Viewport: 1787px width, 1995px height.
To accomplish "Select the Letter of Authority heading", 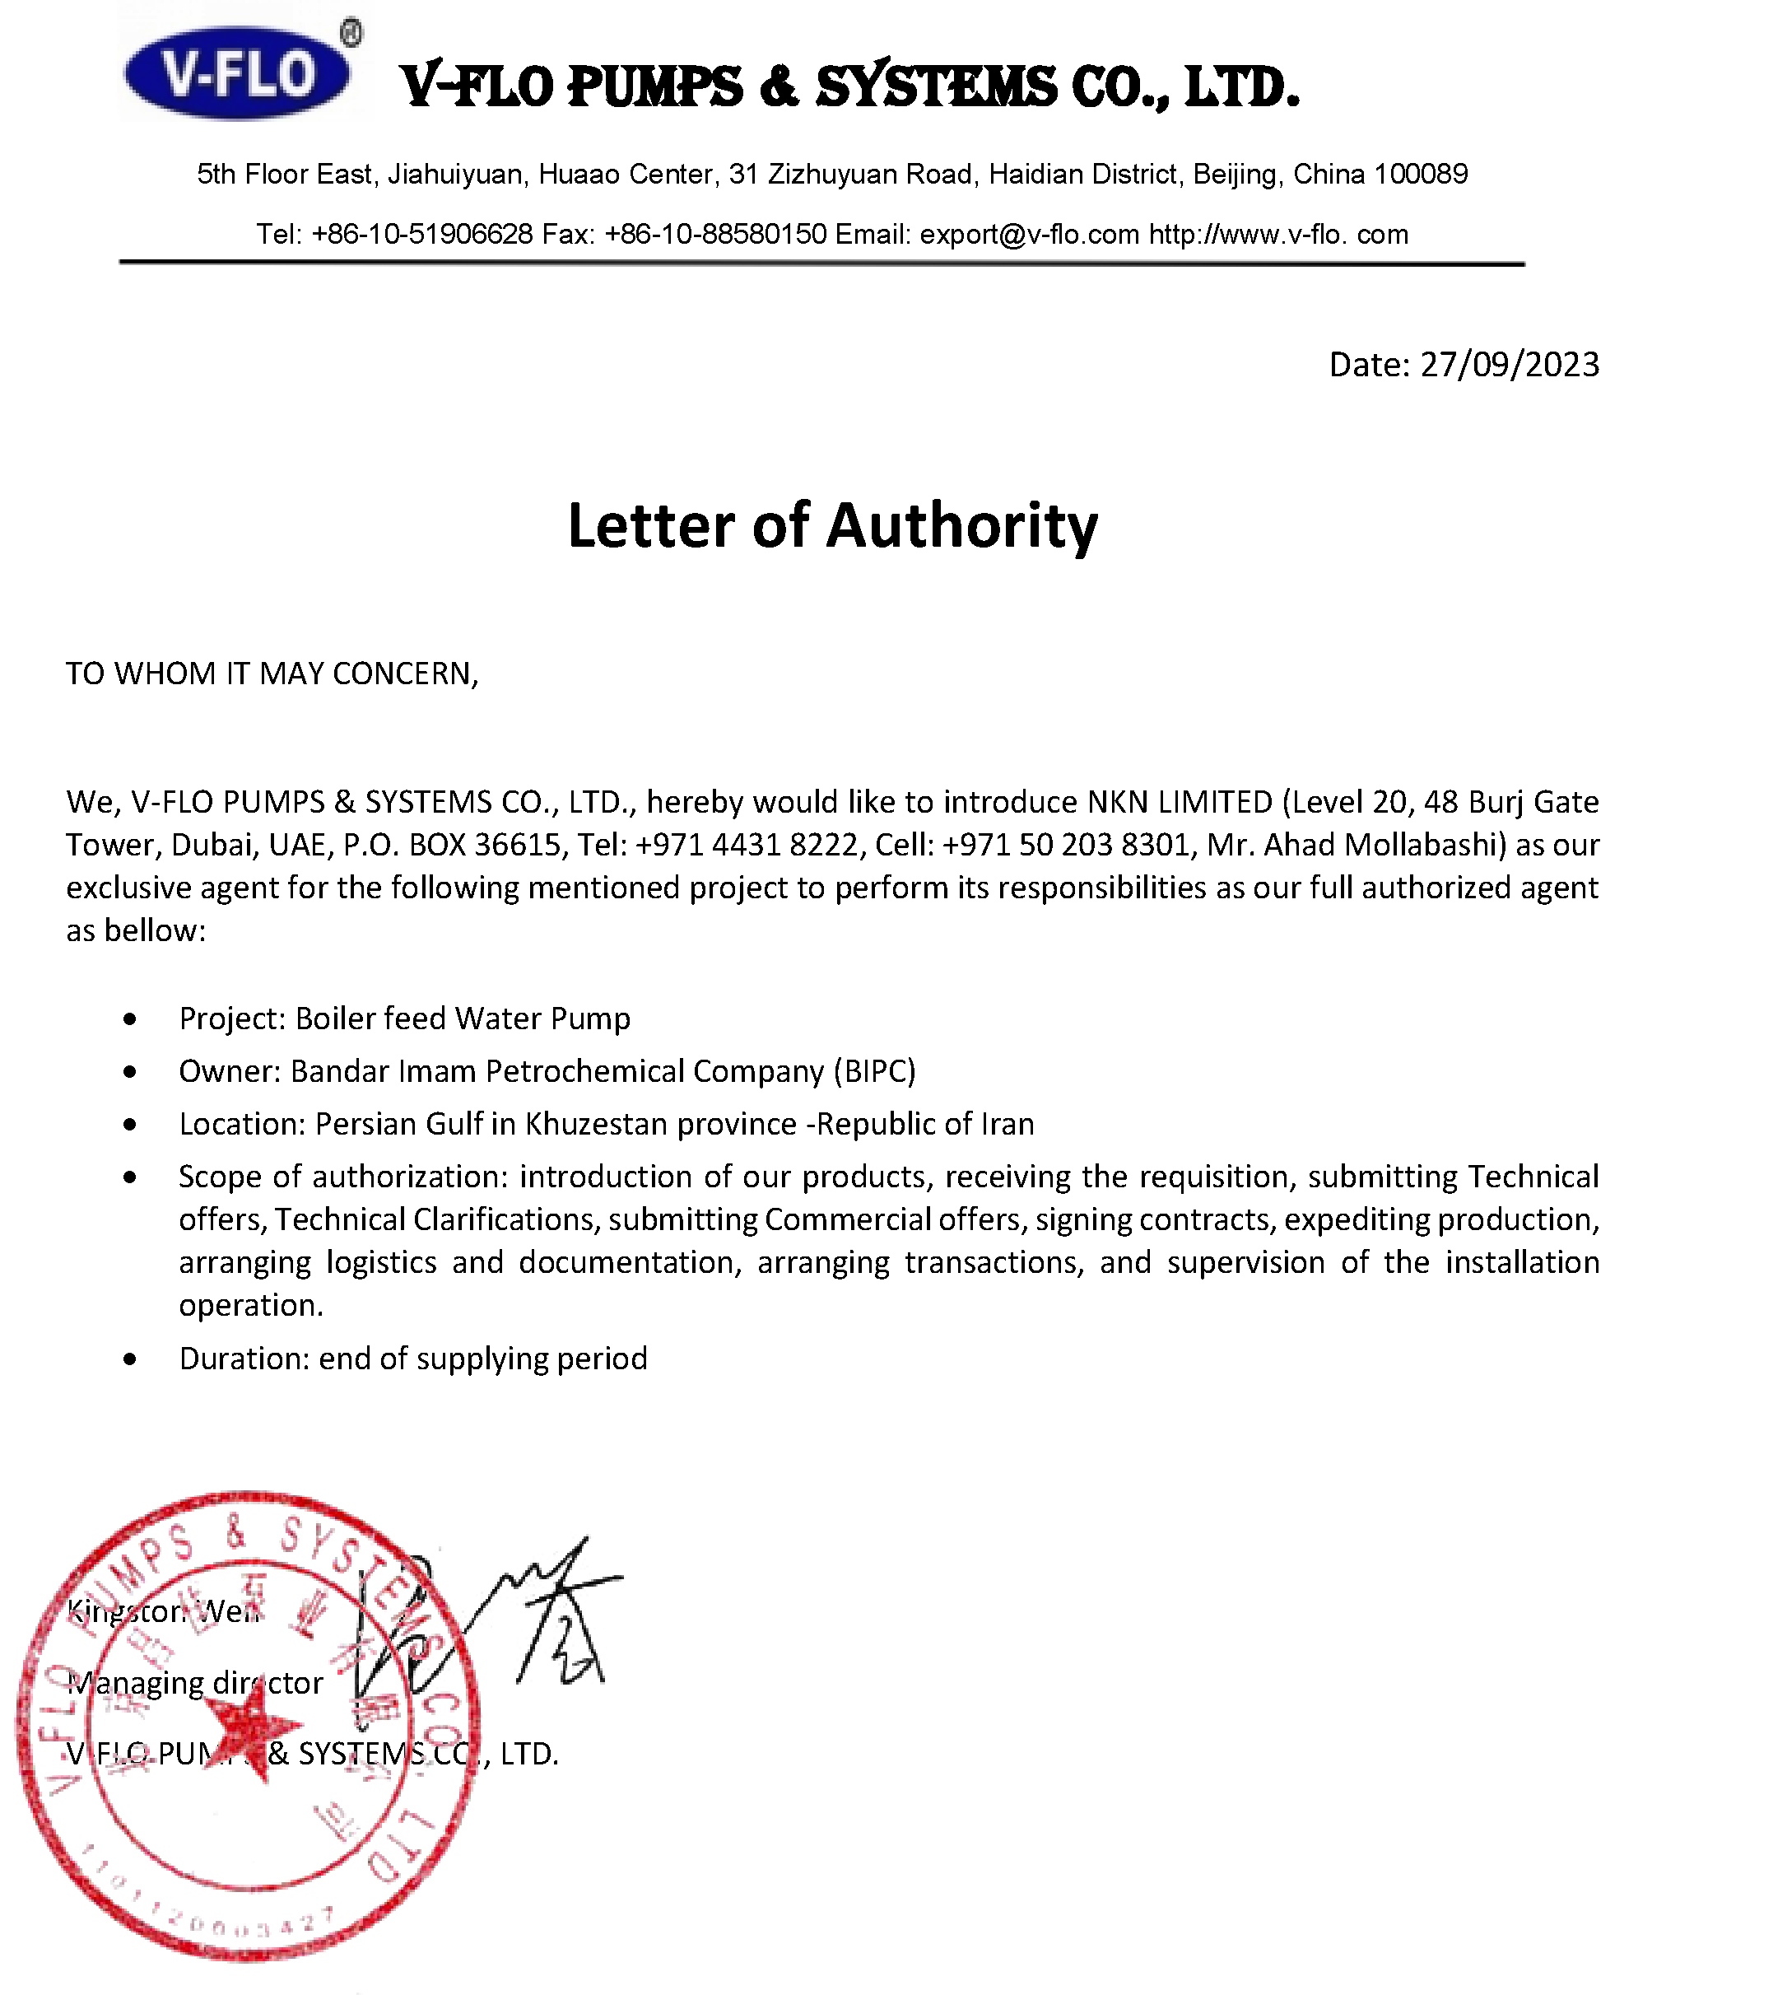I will (x=833, y=525).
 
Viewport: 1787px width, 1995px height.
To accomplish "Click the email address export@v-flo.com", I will (x=1029, y=235).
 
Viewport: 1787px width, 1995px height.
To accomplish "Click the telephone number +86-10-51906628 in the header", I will (x=421, y=235).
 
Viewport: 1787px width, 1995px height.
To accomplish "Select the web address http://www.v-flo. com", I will (x=1278, y=235).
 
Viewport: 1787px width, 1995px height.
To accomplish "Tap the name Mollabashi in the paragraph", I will (x=1419, y=845).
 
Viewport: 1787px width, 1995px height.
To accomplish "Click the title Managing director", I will (x=195, y=1683).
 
